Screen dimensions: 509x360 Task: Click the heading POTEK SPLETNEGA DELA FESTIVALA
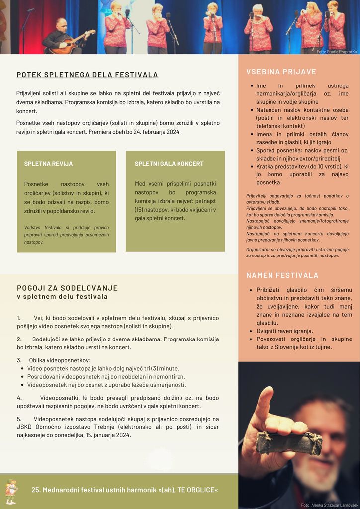(87, 75)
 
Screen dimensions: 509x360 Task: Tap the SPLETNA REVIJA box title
(48, 164)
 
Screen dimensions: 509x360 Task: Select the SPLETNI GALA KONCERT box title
(169, 164)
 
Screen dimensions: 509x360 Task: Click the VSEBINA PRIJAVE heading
(281, 72)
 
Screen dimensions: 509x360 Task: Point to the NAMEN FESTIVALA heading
(282, 275)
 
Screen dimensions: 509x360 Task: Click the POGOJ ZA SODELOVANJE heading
(67, 288)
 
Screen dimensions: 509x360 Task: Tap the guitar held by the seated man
(72, 44)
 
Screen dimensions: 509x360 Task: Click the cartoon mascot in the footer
(11, 491)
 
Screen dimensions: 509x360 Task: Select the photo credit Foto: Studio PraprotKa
(337, 52)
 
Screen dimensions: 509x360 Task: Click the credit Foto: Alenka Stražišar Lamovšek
(329, 505)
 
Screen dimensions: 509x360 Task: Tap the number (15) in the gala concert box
(139, 210)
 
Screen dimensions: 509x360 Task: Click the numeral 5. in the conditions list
(19, 419)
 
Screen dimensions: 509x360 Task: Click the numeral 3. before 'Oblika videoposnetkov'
(19, 360)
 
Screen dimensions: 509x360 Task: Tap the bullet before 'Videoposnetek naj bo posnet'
(23, 385)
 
